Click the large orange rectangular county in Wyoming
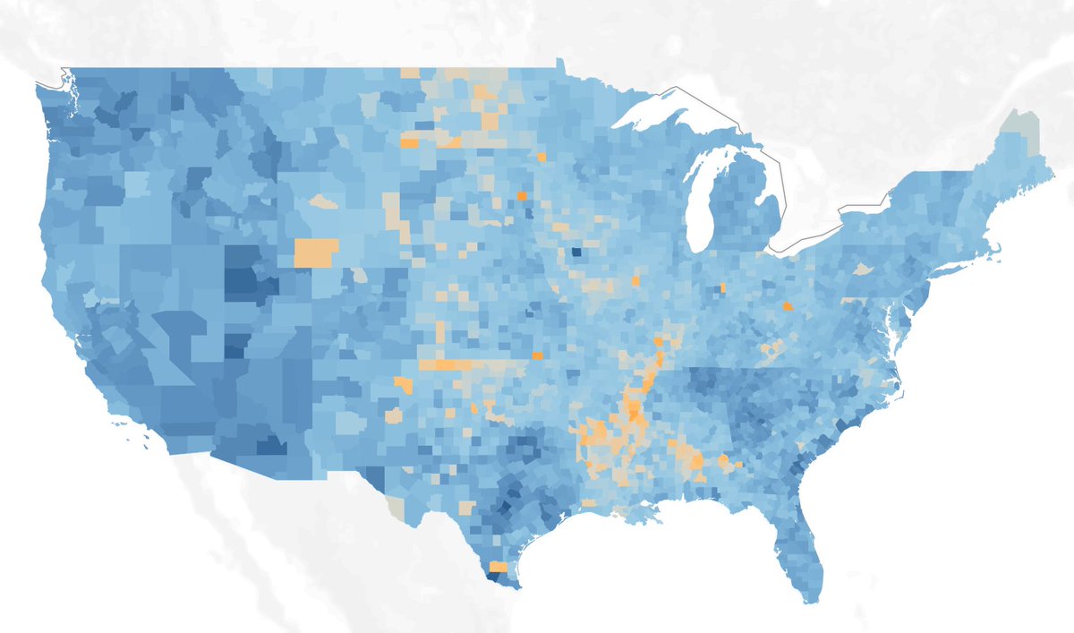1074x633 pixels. click(x=317, y=252)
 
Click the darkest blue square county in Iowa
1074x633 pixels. click(x=575, y=252)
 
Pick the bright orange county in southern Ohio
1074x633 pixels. click(x=788, y=306)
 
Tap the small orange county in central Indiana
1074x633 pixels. click(x=722, y=288)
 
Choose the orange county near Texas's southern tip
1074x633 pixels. click(x=498, y=567)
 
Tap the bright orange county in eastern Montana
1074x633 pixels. click(x=409, y=143)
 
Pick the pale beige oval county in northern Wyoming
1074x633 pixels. click(x=324, y=203)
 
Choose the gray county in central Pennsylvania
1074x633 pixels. click(x=862, y=268)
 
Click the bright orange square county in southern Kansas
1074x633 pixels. click(x=538, y=355)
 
